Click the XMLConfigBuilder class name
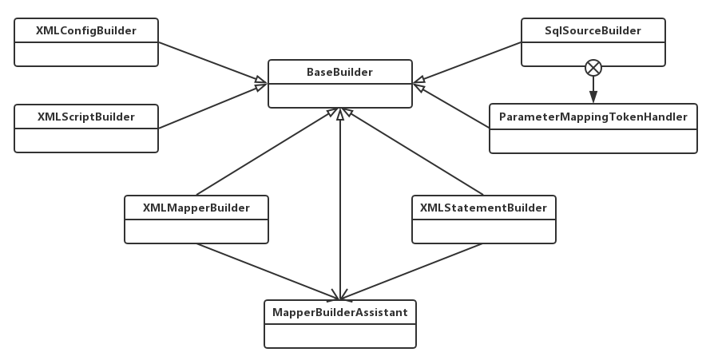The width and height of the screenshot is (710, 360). tap(86, 30)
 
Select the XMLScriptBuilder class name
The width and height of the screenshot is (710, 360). tap(86, 117)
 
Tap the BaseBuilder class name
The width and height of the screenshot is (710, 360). tap(339, 73)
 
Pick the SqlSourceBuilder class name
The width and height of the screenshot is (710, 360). tap(593, 30)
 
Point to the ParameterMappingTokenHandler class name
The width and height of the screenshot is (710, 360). tap(593, 117)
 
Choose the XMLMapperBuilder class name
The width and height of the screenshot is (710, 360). tap(196, 208)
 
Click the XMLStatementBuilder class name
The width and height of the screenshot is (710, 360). tap(483, 208)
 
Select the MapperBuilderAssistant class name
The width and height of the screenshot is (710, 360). tap(340, 312)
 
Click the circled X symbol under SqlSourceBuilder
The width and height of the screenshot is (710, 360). tap(593, 68)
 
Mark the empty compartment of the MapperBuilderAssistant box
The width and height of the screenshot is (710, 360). tap(340, 334)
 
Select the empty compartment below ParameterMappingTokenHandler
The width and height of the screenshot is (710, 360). tap(593, 140)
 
